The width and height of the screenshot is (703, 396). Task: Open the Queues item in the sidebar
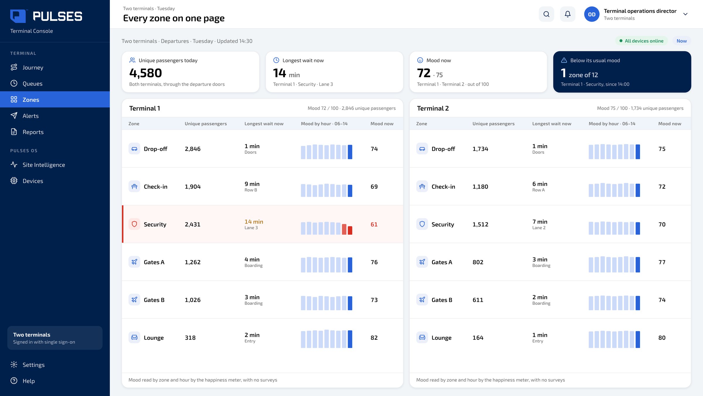(32, 84)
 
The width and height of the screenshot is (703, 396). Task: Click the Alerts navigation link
(30, 116)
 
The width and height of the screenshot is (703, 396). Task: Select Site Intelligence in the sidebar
(44, 165)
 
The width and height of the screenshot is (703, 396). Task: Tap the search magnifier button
(546, 14)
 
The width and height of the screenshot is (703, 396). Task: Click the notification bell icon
(568, 14)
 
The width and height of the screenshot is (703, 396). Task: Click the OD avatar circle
(592, 14)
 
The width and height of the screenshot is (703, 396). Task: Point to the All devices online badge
(641, 41)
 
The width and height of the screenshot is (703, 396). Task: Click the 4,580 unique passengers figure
(146, 73)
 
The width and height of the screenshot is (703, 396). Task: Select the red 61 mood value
(374, 224)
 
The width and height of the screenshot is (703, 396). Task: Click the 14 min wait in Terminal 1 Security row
(254, 222)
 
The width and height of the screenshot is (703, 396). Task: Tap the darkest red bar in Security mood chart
(350, 230)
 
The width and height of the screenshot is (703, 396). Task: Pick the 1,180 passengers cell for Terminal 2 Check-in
(480, 187)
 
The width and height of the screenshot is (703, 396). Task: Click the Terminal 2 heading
(433, 108)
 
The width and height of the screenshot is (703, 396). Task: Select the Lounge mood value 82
(374, 338)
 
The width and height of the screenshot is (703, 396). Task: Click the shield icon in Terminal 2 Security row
(422, 224)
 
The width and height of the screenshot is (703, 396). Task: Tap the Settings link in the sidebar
(33, 365)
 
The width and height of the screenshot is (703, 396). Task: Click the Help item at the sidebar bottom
(28, 381)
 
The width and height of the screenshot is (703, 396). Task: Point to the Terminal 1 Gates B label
(154, 300)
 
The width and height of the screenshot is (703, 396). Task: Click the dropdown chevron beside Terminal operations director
(685, 14)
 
